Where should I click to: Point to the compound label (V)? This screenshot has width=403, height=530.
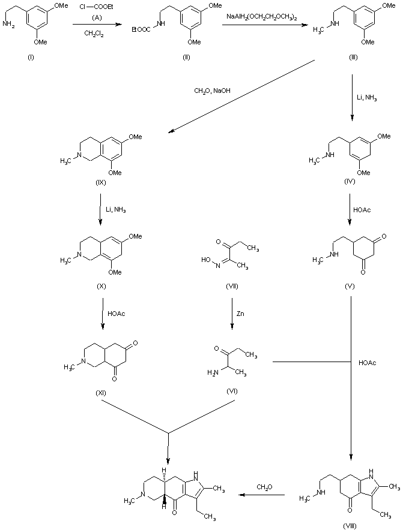(348, 285)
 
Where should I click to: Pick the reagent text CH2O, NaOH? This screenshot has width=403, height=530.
(212, 91)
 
